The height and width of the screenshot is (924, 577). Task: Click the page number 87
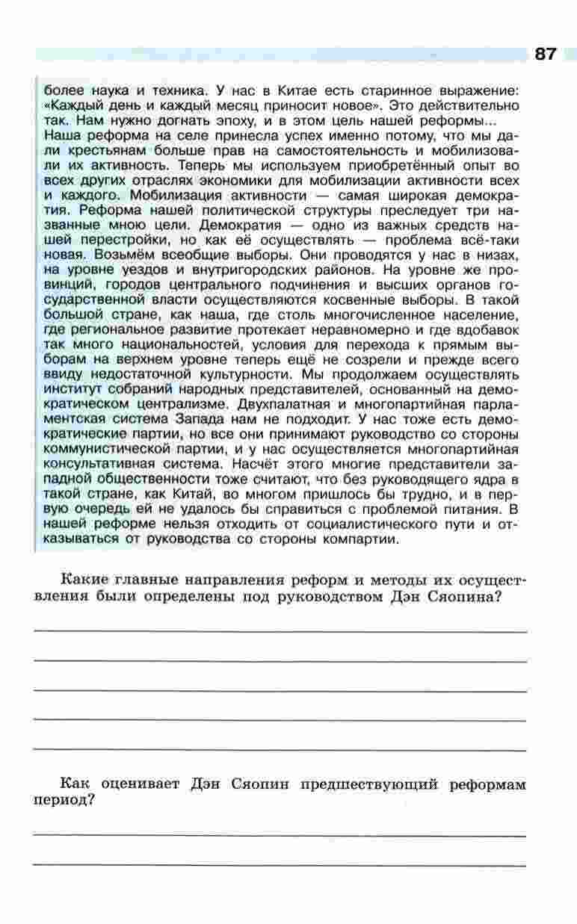(x=546, y=54)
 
